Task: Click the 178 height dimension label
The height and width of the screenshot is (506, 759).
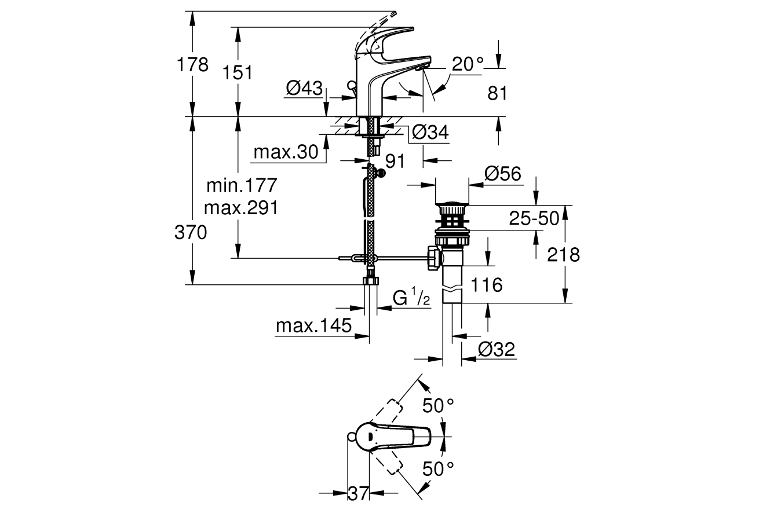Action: (192, 64)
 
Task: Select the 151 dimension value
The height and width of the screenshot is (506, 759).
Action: (238, 72)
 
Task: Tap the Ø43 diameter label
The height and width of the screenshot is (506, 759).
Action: (304, 88)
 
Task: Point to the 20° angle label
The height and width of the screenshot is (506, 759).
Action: (468, 64)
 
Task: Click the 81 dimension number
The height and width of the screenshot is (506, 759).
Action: (498, 93)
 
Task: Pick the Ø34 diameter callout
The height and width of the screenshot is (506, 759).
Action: (430, 132)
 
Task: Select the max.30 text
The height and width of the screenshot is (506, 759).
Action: (286, 152)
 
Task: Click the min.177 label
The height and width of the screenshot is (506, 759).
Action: (242, 185)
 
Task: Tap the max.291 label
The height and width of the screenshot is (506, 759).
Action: (241, 208)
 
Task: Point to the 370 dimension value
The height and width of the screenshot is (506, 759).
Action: (191, 233)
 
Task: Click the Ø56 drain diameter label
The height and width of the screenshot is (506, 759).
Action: (502, 174)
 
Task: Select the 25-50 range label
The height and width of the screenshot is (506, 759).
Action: (534, 218)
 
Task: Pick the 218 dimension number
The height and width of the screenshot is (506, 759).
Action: (564, 255)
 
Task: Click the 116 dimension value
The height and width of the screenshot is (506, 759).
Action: (487, 285)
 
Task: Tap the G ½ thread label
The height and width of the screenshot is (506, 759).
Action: (411, 296)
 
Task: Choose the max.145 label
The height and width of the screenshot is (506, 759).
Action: (314, 326)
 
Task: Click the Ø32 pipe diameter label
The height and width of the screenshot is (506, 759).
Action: (497, 349)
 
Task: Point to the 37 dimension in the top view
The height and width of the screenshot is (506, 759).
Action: (358, 493)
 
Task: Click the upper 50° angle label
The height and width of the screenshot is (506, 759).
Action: (438, 405)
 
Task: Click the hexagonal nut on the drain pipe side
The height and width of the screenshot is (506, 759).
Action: (435, 258)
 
